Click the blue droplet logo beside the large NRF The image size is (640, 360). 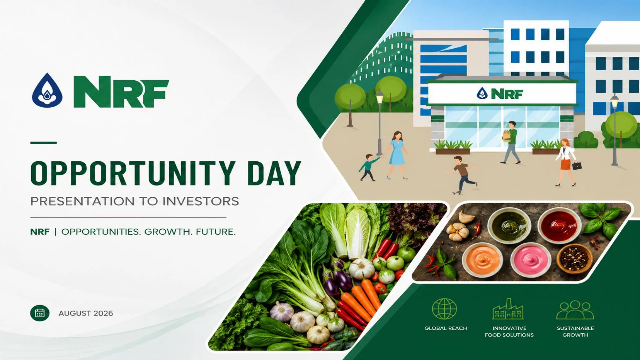[47, 90]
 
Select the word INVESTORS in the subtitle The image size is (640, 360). [201, 201]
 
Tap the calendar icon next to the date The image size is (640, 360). [40, 313]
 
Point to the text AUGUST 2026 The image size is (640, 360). [86, 313]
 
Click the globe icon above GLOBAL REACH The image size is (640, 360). [444, 309]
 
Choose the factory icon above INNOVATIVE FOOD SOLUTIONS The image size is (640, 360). [508, 309]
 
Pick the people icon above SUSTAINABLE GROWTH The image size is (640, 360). [575, 310]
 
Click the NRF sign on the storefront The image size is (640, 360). [500, 94]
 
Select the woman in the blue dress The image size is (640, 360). [397, 155]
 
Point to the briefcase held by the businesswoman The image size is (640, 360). [577, 165]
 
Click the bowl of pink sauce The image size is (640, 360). [530, 259]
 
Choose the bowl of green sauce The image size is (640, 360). [509, 225]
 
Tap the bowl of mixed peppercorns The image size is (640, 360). [574, 258]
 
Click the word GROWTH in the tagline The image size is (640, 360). [166, 232]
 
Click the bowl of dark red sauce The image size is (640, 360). [559, 225]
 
